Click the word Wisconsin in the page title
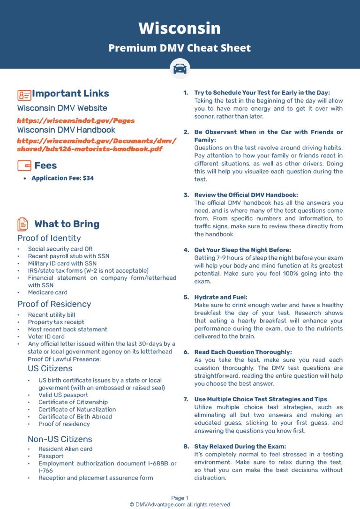[180, 28]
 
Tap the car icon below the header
[180, 69]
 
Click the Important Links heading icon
[24, 95]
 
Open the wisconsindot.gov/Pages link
[76, 121]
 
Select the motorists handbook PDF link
[96, 145]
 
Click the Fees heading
[45, 165]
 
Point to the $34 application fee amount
[88, 178]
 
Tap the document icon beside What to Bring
[22, 224]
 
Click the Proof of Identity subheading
[49, 238]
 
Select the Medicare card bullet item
[47, 292]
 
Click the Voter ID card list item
[46, 337]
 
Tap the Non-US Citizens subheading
[60, 439]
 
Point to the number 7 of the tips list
[186, 399]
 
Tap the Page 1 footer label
[180, 498]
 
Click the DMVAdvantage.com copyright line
[180, 505]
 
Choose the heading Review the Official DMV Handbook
[246, 195]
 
